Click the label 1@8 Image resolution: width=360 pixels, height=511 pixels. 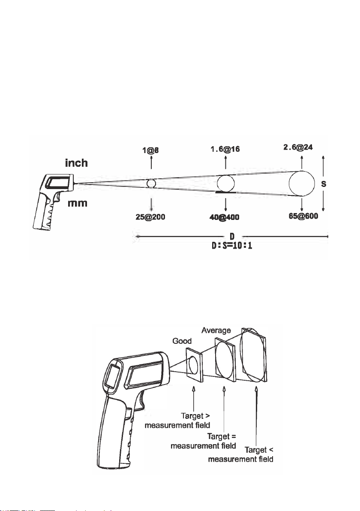click(x=150, y=150)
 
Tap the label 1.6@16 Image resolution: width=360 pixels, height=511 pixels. click(x=225, y=149)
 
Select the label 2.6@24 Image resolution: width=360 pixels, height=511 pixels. click(x=298, y=147)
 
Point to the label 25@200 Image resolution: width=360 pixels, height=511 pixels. click(x=150, y=217)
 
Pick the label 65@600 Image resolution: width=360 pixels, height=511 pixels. click(x=303, y=216)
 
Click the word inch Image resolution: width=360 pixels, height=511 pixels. click(x=77, y=162)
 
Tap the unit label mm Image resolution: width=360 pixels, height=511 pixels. click(x=78, y=203)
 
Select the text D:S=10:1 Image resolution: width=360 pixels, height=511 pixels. click(x=232, y=245)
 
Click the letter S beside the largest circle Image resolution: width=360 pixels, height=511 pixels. click(x=324, y=184)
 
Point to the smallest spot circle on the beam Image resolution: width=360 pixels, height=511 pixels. click(x=151, y=183)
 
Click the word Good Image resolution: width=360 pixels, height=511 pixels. click(x=182, y=341)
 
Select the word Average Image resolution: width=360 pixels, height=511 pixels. click(x=216, y=330)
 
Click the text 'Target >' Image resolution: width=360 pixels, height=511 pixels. click(x=195, y=416)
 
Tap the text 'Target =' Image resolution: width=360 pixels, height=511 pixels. click(x=222, y=436)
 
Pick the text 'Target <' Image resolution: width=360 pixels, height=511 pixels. click(x=259, y=450)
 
